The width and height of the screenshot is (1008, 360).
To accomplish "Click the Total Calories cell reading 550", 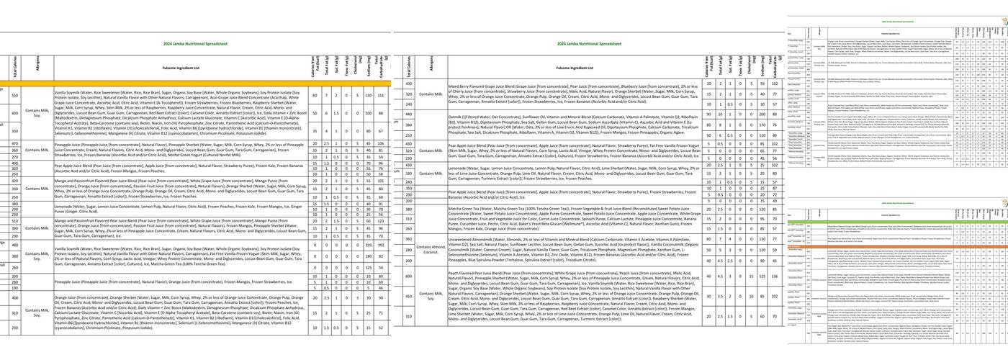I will pyautogui.click(x=14, y=95).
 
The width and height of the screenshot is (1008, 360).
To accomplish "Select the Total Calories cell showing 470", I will pyautogui.click(x=14, y=144).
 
